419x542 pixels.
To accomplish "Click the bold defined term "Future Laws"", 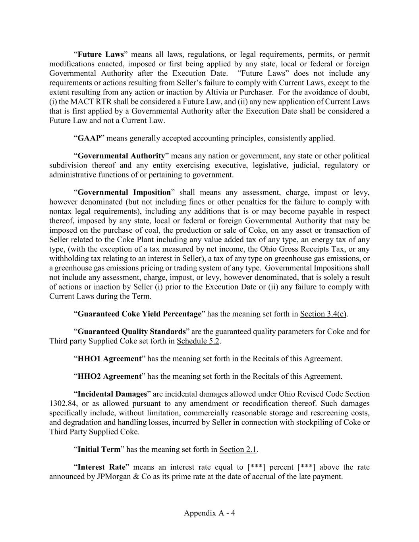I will pos(101,54).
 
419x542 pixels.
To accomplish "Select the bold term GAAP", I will pos(89,138).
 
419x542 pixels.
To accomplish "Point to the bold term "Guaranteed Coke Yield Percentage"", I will pos(139,314).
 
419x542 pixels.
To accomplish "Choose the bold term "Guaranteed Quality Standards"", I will pos(131,332).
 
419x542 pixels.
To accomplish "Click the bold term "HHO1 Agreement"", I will pos(109,359).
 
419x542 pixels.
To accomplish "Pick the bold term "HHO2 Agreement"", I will pos(109,376).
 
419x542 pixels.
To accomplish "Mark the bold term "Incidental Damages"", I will pos(112,394).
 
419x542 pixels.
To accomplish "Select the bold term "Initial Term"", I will pos(98,449).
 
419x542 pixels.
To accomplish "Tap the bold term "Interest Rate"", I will pos(101,467).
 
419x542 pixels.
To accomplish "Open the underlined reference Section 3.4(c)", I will pos(323,314).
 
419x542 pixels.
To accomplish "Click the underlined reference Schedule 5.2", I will pos(198,341).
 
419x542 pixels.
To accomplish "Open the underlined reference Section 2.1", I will pos(238,449).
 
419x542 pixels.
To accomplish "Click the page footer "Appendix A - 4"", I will pos(209,513).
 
